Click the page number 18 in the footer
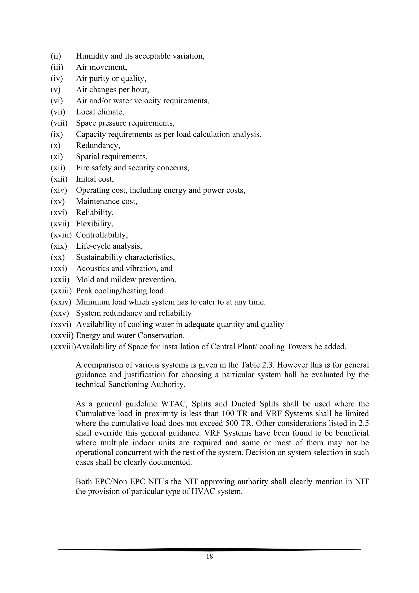(x=209, y=556)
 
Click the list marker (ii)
(x=56, y=56)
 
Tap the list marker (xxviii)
(x=63, y=347)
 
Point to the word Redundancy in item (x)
(x=98, y=145)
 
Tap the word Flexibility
(x=95, y=224)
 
